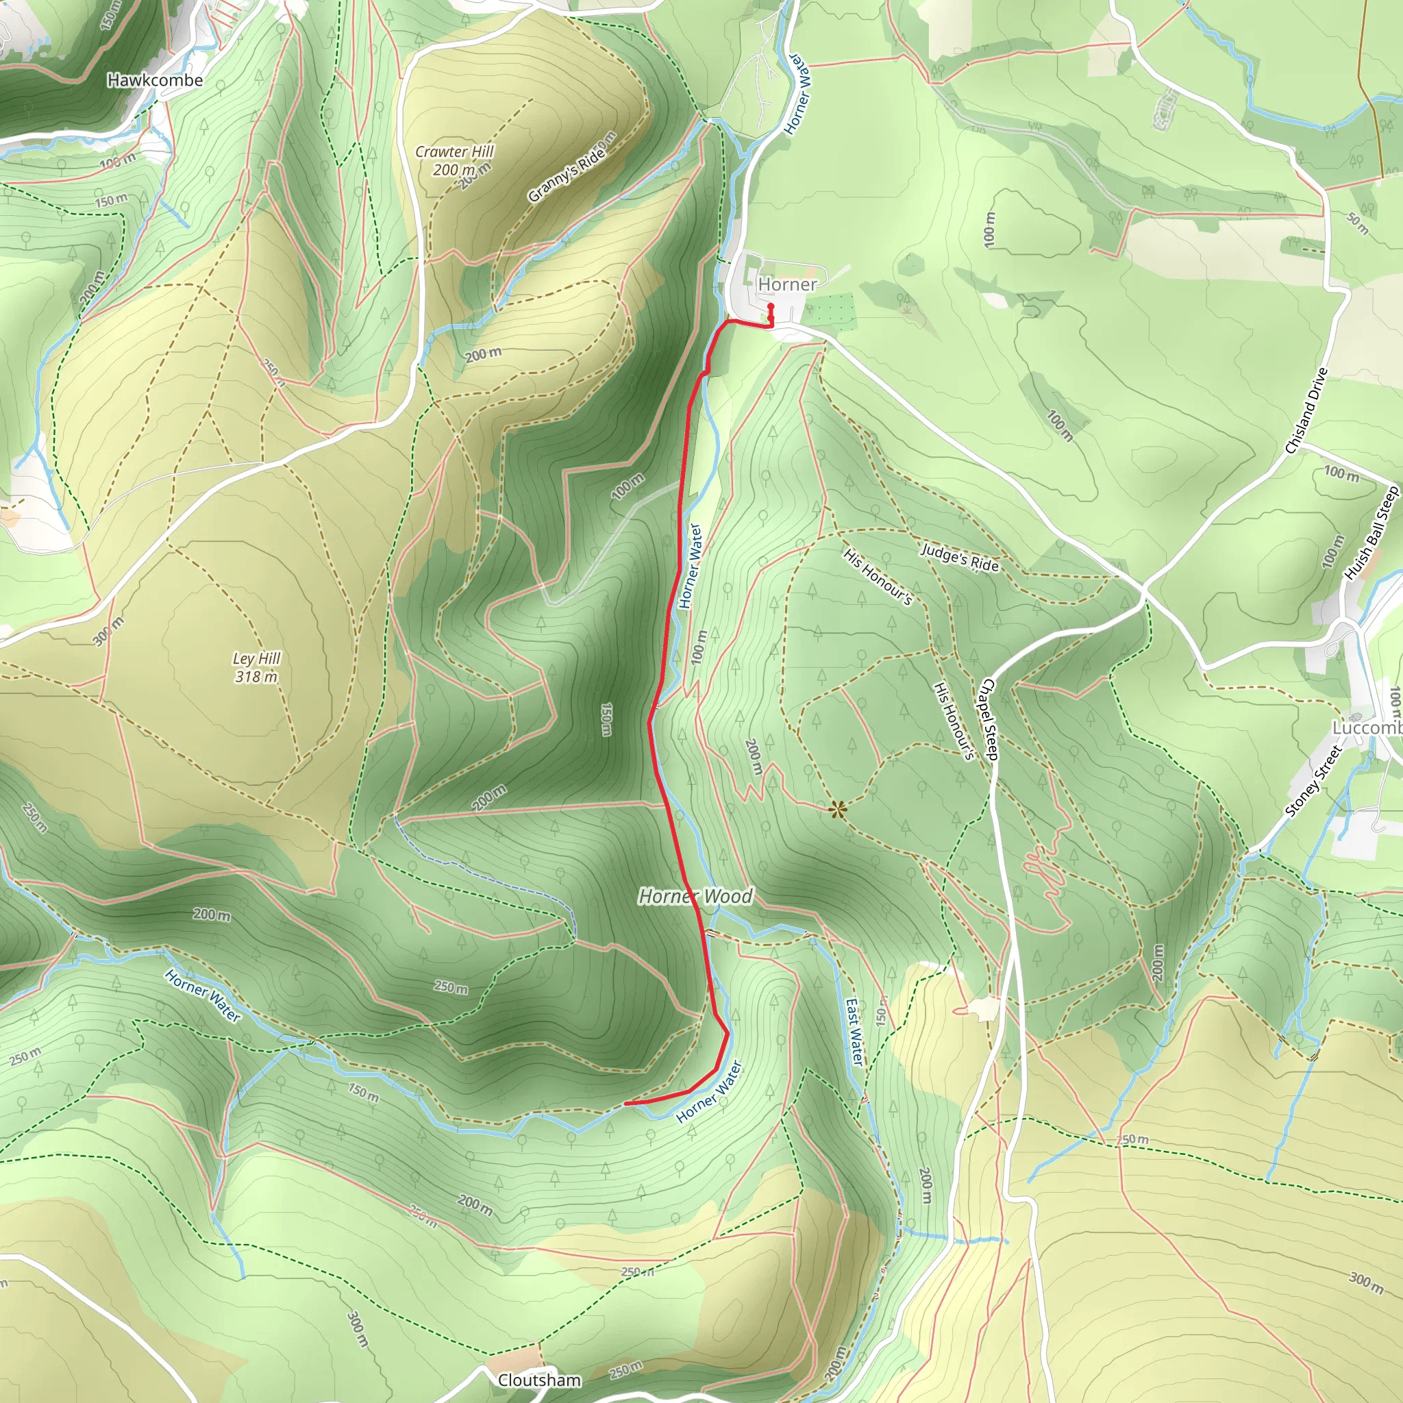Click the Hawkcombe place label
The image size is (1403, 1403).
155,80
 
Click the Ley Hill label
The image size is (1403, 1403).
256,658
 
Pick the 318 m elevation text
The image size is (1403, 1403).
256,677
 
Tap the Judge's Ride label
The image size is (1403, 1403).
959,558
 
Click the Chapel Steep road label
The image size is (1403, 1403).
989,719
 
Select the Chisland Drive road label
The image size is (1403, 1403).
1306,411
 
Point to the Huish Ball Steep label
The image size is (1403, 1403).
1371,534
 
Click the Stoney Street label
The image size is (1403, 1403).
1313,781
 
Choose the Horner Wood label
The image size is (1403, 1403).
695,897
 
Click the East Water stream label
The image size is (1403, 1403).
856,1031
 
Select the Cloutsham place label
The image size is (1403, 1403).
539,1380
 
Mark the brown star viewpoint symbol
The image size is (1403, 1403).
838,809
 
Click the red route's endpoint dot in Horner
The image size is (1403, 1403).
771,306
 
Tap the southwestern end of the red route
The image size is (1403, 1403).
626,1104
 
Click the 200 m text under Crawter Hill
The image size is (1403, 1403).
454,170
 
